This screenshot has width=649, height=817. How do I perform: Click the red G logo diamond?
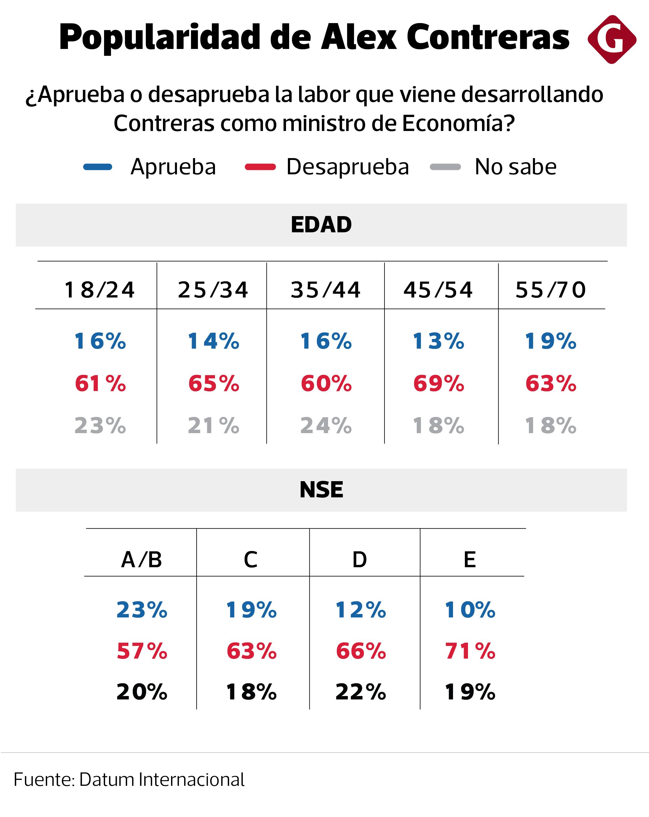612,39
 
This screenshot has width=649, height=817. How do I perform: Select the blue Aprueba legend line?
98,167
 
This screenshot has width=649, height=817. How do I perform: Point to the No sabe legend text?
515,167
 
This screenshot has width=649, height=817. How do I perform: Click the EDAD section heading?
321,225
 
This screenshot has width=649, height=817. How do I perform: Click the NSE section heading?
321,490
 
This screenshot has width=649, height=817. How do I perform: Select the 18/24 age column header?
100,290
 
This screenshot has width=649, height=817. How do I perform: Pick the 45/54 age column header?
438,290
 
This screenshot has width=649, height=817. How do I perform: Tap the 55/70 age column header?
551,290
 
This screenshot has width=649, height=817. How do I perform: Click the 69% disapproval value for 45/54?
438,384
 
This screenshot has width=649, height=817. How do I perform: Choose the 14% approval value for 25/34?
213,341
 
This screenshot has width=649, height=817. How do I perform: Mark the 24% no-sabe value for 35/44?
326,426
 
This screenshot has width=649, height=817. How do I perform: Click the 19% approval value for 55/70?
551,341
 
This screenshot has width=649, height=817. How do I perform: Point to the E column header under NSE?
470,560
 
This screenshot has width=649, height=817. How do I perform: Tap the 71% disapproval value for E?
470,651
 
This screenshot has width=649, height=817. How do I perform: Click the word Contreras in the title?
488,37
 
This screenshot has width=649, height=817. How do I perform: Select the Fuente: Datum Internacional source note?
129,780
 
